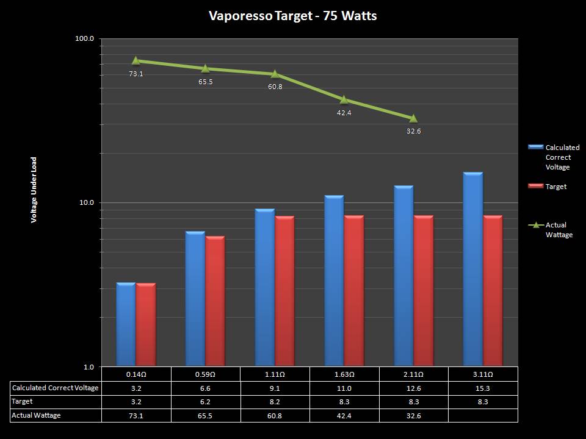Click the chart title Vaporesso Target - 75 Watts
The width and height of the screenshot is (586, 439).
293,16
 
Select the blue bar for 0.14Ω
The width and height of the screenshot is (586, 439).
126,324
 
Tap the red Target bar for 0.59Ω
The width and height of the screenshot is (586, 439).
215,301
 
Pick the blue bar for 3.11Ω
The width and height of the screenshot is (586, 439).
473,269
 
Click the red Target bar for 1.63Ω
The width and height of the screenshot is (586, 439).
354,291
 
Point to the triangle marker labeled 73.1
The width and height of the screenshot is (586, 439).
136,60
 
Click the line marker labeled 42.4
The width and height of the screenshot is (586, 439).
344,99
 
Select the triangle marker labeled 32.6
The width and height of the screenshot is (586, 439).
413,118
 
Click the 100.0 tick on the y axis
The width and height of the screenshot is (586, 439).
84,39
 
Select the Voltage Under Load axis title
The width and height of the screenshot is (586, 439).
34,190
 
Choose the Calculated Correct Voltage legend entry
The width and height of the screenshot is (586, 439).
562,157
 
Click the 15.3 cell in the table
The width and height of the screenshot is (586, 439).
483,388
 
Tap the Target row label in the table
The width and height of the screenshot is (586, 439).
23,402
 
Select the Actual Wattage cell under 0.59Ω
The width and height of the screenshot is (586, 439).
206,415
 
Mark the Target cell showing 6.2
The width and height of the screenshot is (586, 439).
206,402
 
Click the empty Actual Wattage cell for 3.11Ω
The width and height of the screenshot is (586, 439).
483,415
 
